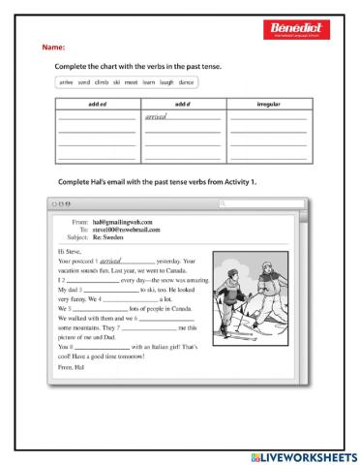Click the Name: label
(52, 47)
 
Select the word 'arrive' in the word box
(67, 83)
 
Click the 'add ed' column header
(97, 102)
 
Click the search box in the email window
(261, 203)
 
